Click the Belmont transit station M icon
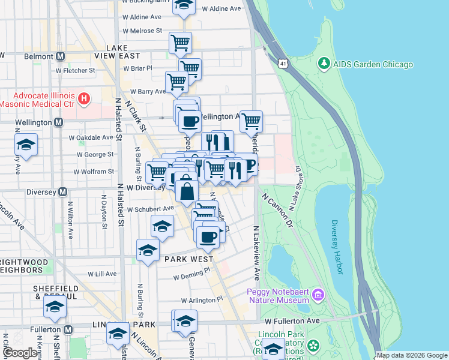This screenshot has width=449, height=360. [61, 56]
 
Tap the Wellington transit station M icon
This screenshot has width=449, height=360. [58, 122]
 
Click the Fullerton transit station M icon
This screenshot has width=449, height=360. [68, 329]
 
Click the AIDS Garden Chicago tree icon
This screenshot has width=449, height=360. [324, 63]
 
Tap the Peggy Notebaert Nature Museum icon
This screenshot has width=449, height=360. [317, 295]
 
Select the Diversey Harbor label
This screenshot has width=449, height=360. [336, 246]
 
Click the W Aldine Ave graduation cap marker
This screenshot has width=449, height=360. [184, 5]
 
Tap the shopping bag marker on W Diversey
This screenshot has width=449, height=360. [187, 191]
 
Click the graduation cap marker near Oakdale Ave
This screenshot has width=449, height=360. [26, 145]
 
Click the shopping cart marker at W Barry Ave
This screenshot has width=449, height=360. [176, 82]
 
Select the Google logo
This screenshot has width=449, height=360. [20, 353]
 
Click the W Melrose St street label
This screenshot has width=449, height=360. [142, 30]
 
